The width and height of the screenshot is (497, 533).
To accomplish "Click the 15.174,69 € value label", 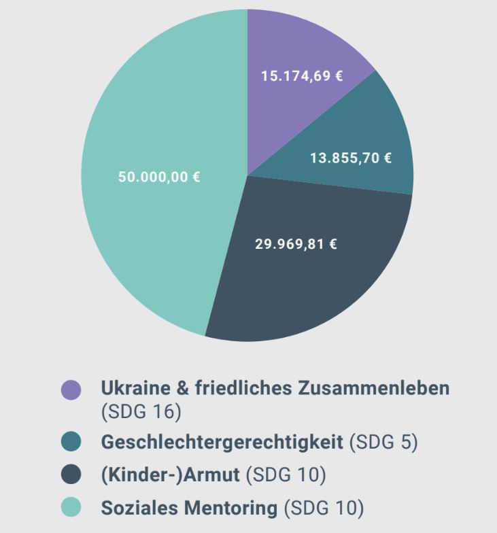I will (x=302, y=75).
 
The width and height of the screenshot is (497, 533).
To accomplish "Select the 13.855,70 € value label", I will (x=351, y=158).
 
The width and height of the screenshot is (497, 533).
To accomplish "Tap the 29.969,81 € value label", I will (x=296, y=243).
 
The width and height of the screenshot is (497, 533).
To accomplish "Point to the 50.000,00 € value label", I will (x=159, y=178).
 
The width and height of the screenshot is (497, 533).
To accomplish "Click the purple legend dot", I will (x=71, y=390).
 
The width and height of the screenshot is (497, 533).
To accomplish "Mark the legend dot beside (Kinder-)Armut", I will (x=71, y=475).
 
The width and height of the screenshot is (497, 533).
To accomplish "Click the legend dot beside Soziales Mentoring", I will (x=71, y=507).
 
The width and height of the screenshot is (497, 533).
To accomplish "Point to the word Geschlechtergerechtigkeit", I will (x=222, y=442).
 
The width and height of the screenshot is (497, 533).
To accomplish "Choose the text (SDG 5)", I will (x=383, y=442).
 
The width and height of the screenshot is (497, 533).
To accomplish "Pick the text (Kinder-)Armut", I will (x=170, y=475).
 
